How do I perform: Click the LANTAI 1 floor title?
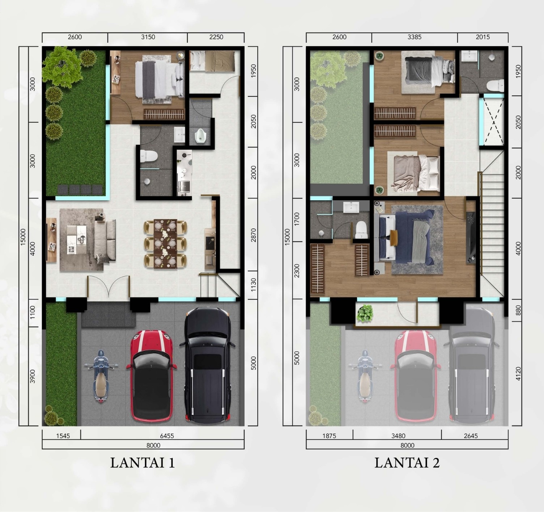pyautogui.click(x=142, y=463)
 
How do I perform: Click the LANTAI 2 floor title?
pyautogui.click(x=407, y=463)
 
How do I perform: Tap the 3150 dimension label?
pyautogui.click(x=148, y=37)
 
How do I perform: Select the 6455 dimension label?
pyautogui.click(x=167, y=436)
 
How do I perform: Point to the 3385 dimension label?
pyautogui.click(x=414, y=37)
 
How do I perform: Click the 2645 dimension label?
pyautogui.click(x=471, y=436)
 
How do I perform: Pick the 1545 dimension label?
pyautogui.click(x=63, y=436)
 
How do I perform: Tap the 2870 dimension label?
pyautogui.click(x=254, y=235)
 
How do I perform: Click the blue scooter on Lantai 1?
pyautogui.click(x=101, y=376)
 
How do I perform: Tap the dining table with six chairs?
pyautogui.click(x=165, y=244)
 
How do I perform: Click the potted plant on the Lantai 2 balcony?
pyautogui.click(x=365, y=313)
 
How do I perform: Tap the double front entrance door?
pyautogui.click(x=109, y=286)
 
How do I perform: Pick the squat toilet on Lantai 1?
pyautogui.click(x=200, y=136)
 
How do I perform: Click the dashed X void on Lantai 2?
pyautogui.click(x=494, y=122)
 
